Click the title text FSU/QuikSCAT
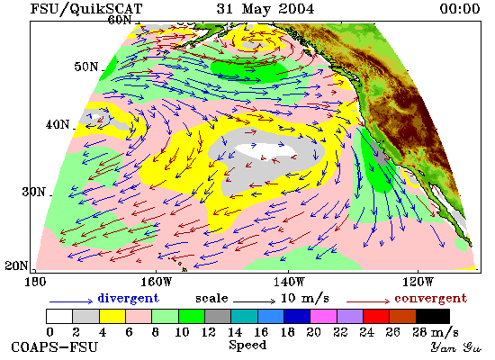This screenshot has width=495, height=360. click(x=86, y=9)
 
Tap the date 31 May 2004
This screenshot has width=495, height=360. click(x=265, y=9)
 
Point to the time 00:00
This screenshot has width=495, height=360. click(x=460, y=9)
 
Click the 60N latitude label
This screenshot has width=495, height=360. click(x=120, y=20)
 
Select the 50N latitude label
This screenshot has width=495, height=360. click(x=86, y=67)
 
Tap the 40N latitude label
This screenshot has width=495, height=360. click(x=58, y=125)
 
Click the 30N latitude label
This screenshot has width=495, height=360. click(x=33, y=192)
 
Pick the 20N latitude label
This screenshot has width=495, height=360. click(x=16, y=265)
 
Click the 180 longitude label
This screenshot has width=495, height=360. click(x=35, y=282)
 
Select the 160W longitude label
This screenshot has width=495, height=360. click(x=156, y=282)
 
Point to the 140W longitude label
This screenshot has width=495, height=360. click(x=289, y=282)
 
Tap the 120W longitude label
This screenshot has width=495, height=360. click(x=418, y=282)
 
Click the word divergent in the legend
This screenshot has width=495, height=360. click(x=129, y=298)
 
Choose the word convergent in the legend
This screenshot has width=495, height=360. click(x=431, y=298)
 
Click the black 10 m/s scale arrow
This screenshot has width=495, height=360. click(x=254, y=301)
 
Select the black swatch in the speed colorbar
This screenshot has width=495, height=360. click(x=433, y=317)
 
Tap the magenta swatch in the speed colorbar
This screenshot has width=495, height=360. click(x=323, y=317)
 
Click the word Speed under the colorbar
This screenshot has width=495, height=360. click(x=247, y=345)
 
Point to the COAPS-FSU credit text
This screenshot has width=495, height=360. click(x=54, y=347)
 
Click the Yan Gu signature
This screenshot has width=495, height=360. click(x=455, y=347)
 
